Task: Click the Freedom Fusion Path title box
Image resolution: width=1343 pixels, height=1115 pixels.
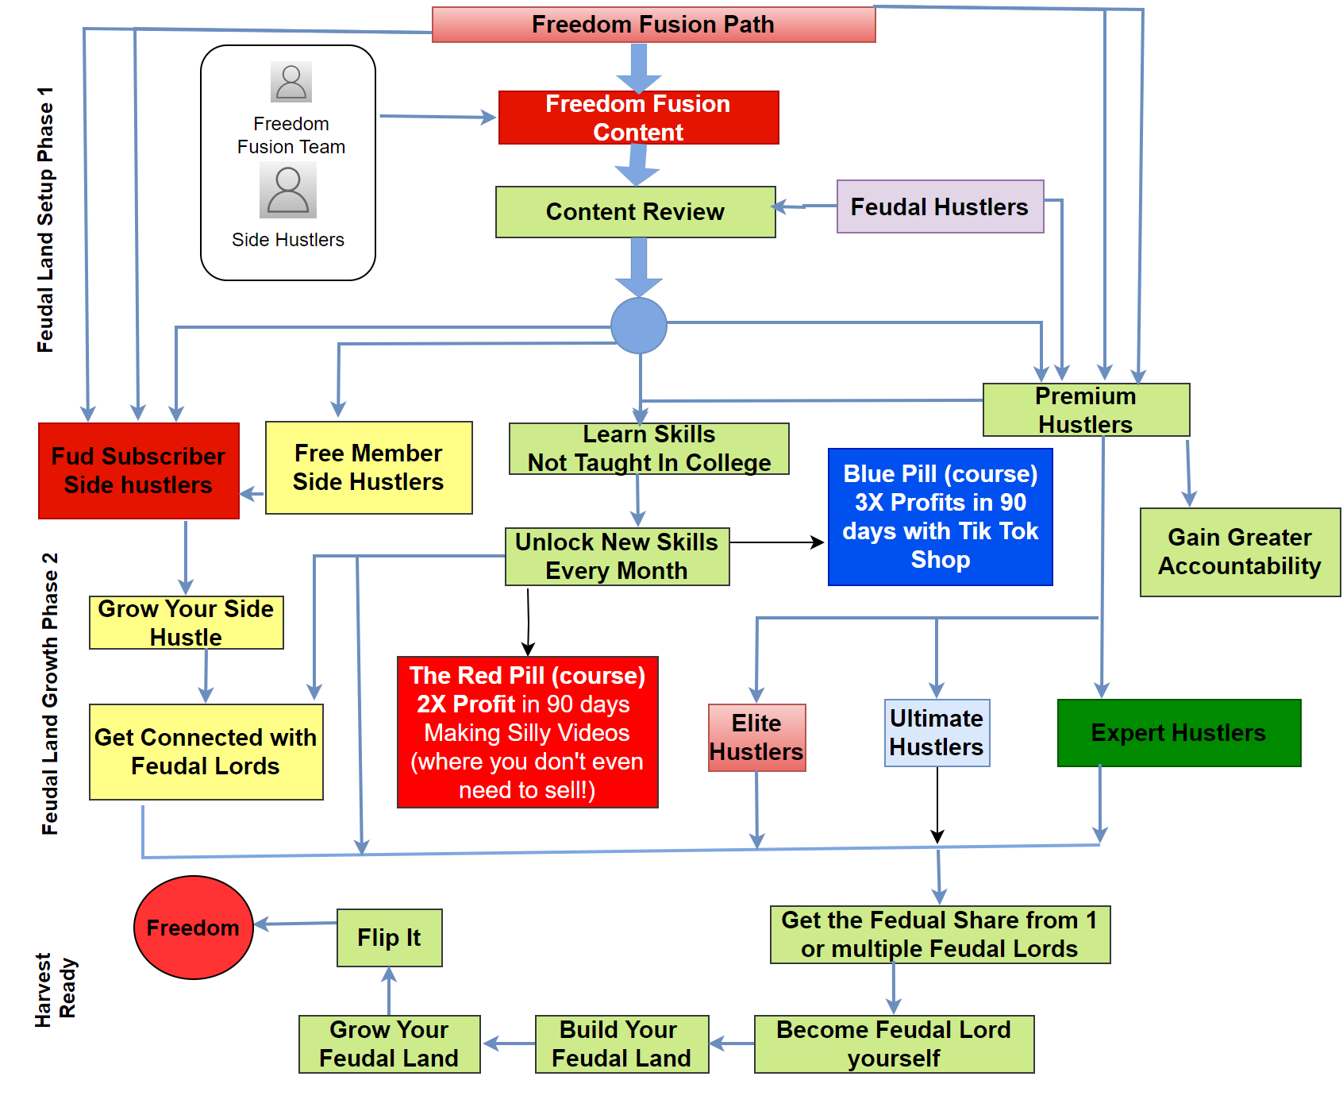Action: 653,25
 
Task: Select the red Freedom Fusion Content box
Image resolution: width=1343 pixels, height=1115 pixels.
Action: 638,118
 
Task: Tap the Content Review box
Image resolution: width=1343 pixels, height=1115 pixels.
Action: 635,212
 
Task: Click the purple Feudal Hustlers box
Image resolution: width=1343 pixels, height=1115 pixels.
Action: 940,206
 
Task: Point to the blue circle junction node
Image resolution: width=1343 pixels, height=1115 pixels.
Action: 639,326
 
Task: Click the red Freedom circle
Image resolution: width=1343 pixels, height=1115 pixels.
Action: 194,928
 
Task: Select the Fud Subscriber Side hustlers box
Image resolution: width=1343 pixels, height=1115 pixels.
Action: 139,471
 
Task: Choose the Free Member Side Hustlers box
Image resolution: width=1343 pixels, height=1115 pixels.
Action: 368,468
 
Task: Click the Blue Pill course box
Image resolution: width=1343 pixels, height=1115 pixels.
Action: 940,517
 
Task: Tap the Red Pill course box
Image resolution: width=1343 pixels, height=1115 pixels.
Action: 527,732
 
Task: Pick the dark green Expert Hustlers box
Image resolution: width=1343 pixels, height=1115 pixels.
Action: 1179,733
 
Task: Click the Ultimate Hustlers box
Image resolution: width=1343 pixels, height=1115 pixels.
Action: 937,733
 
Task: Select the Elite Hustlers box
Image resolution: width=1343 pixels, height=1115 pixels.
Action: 756,738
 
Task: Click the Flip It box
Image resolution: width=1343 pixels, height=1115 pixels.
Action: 389,938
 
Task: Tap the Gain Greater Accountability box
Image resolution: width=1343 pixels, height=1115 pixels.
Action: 1240,552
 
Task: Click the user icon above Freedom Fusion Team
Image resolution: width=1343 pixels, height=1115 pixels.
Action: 291,82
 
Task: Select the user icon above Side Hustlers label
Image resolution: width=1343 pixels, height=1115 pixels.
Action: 288,191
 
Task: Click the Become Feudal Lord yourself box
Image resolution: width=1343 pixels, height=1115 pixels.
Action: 894,1044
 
